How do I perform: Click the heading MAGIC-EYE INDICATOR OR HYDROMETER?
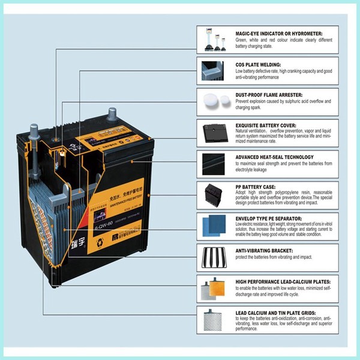[x=279, y=33]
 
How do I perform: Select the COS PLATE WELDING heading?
[x=259, y=64]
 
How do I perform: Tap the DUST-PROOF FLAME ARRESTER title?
[x=268, y=95]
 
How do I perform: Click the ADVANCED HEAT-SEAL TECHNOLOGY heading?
[x=275, y=157]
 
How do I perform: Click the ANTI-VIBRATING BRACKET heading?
[x=263, y=250]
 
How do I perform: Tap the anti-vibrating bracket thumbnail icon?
[x=214, y=256]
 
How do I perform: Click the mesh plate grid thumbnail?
[x=214, y=320]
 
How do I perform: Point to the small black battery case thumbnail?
[x=214, y=194]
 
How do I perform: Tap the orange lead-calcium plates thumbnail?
[x=214, y=288]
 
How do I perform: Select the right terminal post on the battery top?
[x=112, y=113]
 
